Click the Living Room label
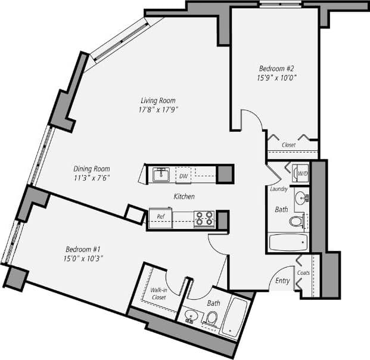(x=158, y=100)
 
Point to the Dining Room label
(x=92, y=169)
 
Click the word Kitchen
(x=184, y=196)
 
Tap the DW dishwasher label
(x=184, y=175)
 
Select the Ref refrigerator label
(x=160, y=216)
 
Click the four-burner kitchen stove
(x=204, y=219)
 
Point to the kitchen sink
(x=160, y=175)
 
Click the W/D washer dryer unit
(x=302, y=174)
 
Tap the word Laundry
(x=279, y=189)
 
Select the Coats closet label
(x=304, y=273)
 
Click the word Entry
(x=282, y=281)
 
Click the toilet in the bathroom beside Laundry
(x=297, y=222)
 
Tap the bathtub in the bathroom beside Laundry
(x=288, y=243)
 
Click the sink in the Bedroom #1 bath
(x=191, y=315)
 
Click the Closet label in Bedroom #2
(x=288, y=144)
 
